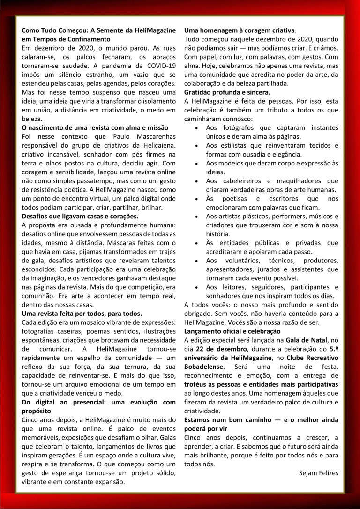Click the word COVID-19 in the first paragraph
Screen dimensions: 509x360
(158, 65)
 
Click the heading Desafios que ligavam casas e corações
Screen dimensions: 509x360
(80, 216)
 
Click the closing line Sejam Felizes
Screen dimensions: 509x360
(318, 472)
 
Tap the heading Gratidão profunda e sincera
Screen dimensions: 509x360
(227, 92)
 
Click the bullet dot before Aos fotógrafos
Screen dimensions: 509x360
(199, 128)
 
